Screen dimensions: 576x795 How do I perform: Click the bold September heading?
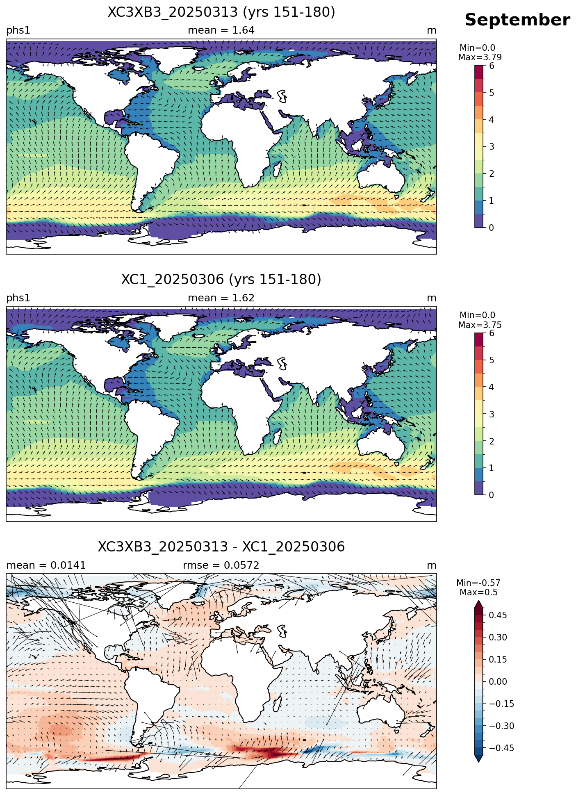tap(517, 20)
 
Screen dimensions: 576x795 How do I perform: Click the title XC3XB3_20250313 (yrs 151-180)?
tap(221, 12)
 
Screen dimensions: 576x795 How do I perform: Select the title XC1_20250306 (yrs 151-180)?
tap(221, 280)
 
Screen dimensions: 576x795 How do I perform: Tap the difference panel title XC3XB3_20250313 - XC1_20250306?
tap(221, 547)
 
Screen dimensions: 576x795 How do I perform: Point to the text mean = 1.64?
tap(221, 30)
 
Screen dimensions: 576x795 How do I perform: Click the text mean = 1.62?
tap(221, 298)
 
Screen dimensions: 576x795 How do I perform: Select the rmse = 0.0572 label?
tap(221, 565)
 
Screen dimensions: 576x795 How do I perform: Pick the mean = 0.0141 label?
tap(46, 565)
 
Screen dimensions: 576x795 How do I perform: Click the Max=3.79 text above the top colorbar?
tap(480, 57)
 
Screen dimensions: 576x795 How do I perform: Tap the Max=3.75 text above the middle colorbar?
tap(480, 325)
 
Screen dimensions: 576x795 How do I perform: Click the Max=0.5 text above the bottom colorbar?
tap(478, 592)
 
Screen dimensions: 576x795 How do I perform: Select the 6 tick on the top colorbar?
tap(492, 66)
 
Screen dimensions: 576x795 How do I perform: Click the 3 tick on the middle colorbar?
tap(492, 414)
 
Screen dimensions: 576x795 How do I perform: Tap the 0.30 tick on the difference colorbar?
tap(498, 637)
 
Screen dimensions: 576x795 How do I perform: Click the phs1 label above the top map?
tap(18, 31)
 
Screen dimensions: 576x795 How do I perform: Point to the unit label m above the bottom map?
tap(432, 565)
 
